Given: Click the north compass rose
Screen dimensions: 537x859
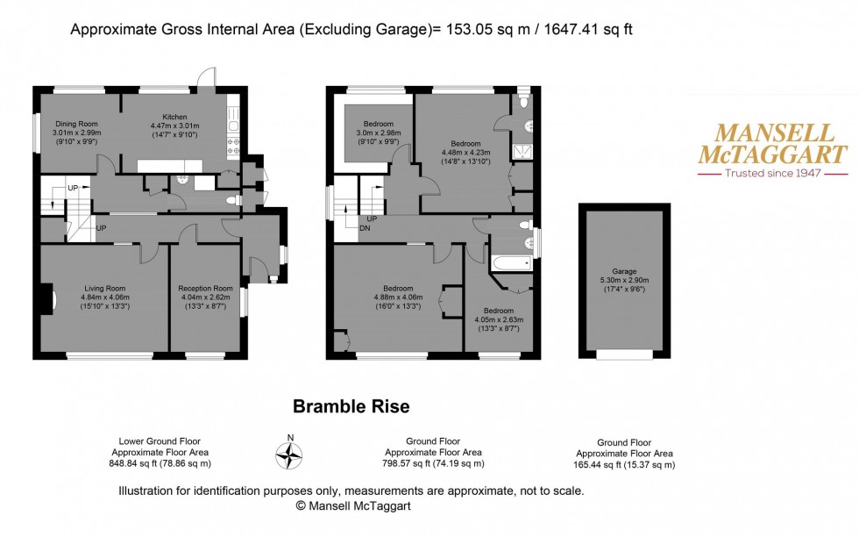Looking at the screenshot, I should point(289,455).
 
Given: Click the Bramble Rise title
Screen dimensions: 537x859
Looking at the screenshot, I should point(351,407).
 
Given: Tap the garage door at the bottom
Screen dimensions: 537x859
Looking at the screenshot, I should point(624,354).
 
